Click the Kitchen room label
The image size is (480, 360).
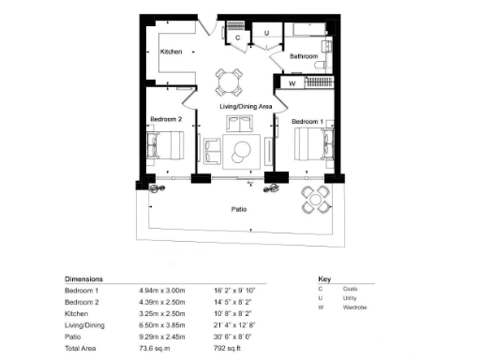tap(170, 52)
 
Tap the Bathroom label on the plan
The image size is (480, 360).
tap(303, 57)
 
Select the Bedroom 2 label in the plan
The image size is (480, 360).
tap(167, 119)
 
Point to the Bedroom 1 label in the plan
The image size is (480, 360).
tap(307, 122)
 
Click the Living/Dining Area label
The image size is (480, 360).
tap(246, 108)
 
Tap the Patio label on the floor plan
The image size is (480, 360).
tap(240, 210)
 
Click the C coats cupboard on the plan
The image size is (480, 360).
tap(237, 38)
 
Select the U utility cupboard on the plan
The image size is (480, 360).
tap(267, 34)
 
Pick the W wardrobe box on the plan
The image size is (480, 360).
tap(292, 83)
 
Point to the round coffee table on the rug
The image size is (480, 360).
tap(242, 148)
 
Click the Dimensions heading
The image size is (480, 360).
tap(83, 279)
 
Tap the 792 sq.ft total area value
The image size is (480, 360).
tap(229, 347)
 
